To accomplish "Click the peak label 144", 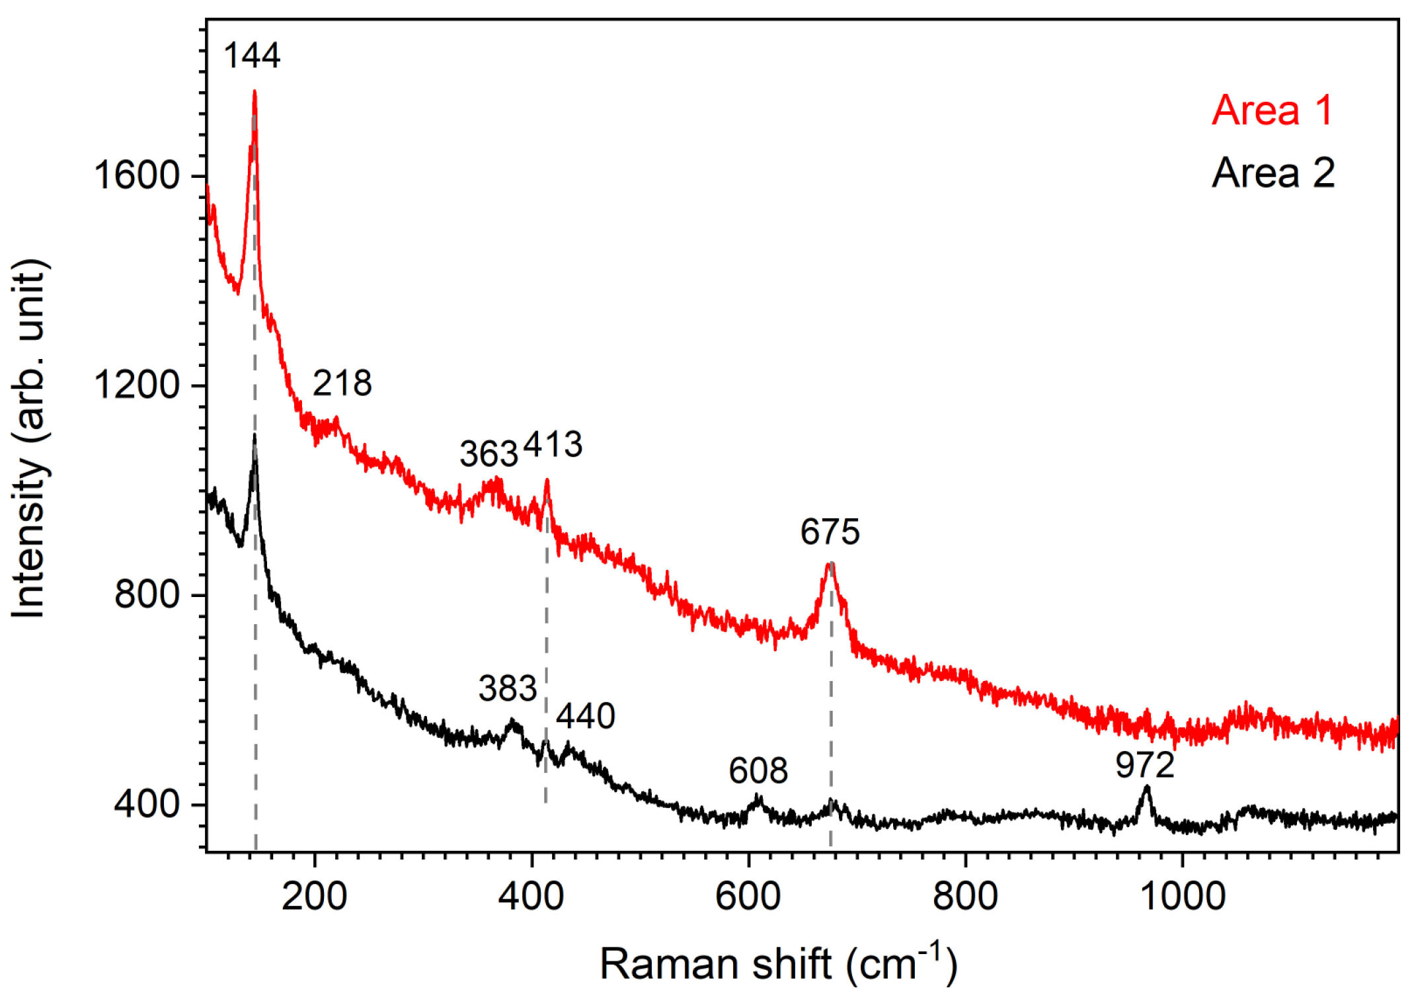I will [252, 55].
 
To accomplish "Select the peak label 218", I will [342, 383].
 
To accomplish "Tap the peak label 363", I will [489, 454].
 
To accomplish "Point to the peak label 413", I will [553, 444].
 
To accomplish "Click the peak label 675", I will [830, 532].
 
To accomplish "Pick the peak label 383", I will [508, 688].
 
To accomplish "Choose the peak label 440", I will [585, 716].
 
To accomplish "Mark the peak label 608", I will [758, 770].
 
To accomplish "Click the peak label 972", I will [1145, 766].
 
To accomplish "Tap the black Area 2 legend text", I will [1273, 173].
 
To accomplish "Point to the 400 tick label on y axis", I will [147, 804].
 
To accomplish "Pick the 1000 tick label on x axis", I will [1183, 897].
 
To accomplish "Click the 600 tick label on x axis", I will [748, 897].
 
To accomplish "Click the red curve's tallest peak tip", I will [255, 92].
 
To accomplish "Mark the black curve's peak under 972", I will [1147, 787].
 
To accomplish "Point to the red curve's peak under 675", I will [831, 563].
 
